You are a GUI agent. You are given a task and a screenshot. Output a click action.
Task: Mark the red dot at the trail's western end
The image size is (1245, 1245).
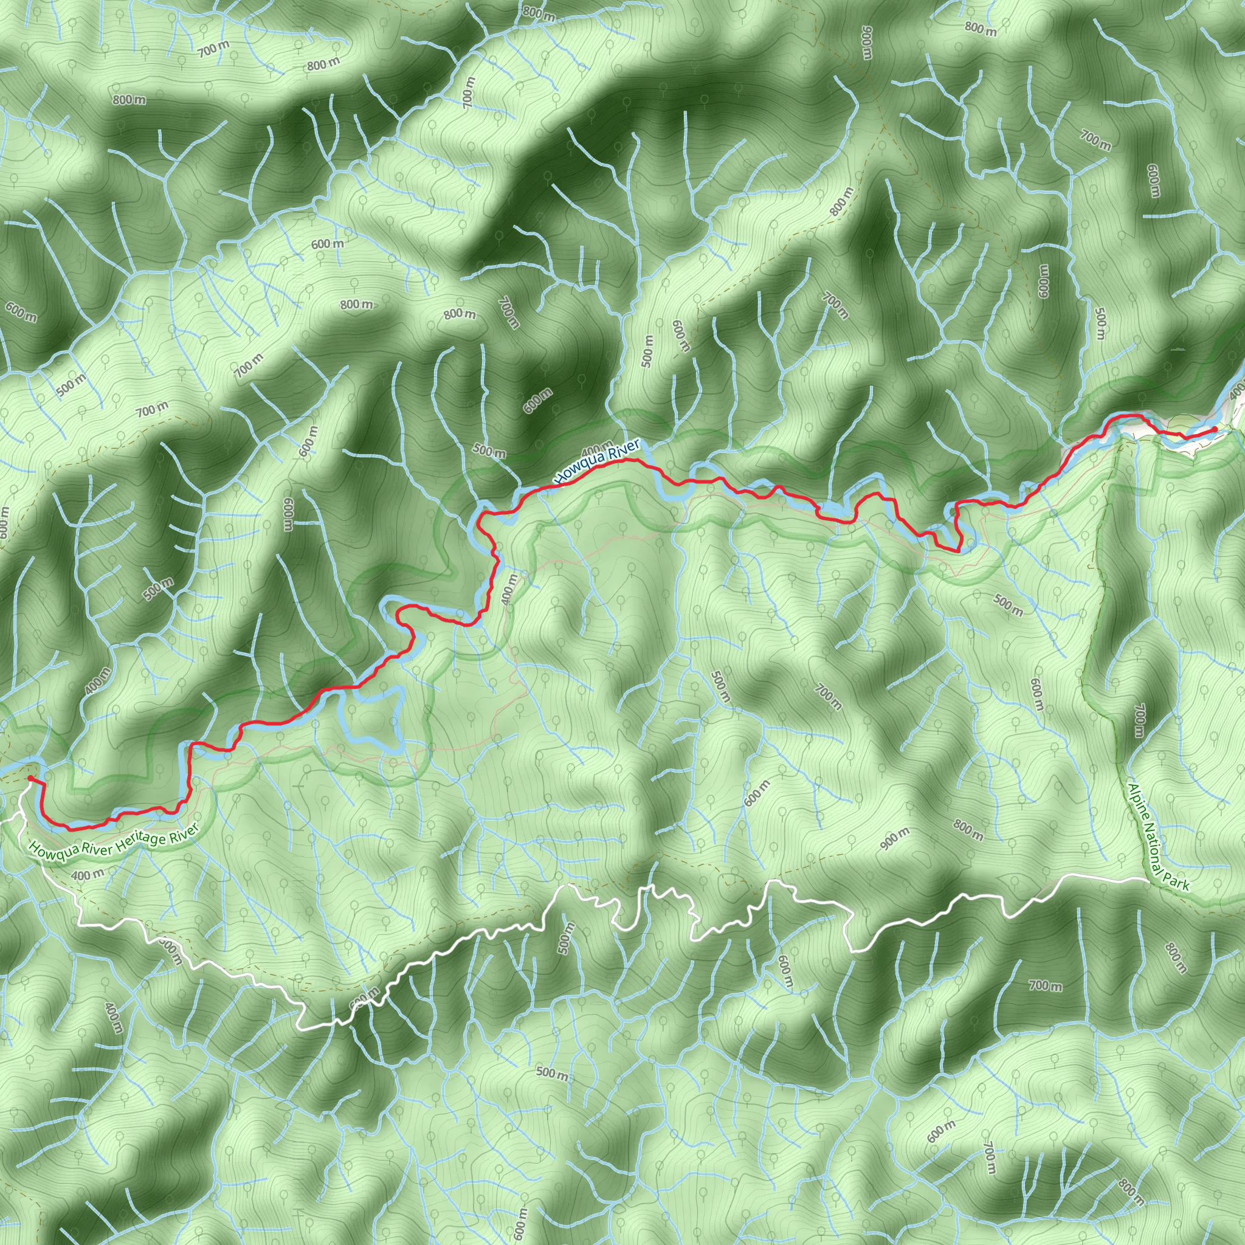click(30, 779)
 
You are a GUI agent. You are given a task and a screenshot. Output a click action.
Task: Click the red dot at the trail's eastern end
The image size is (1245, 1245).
click(1214, 429)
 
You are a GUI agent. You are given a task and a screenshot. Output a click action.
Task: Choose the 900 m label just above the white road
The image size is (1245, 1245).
click(895, 838)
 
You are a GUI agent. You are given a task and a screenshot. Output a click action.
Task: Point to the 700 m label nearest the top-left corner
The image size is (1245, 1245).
click(213, 49)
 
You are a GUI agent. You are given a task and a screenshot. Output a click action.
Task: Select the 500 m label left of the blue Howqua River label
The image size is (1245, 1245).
click(490, 450)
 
